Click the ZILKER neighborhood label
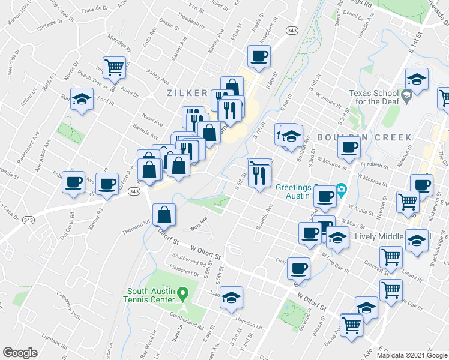[x=187, y=94]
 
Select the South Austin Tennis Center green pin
[x=185, y=292]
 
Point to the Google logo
[x=20, y=353]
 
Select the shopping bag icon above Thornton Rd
[x=164, y=214]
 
